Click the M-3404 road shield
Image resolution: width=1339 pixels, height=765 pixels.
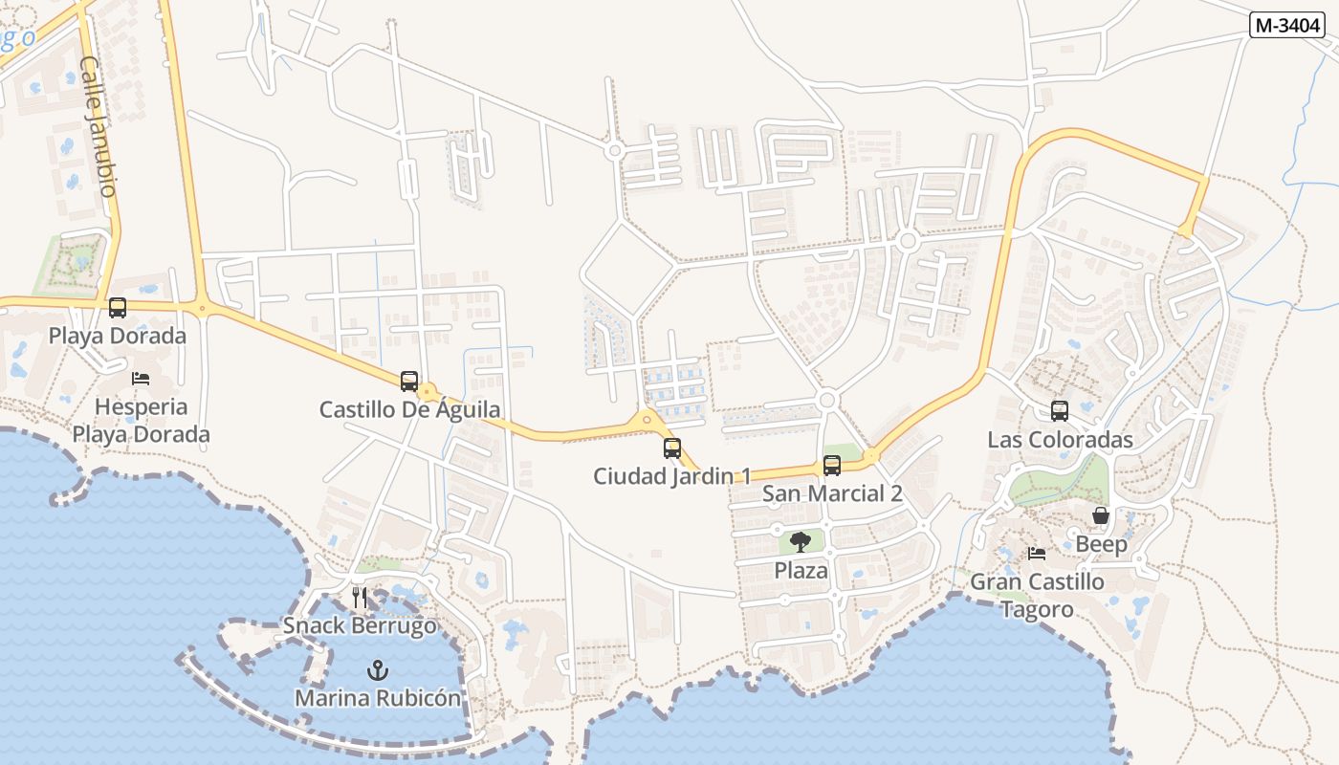click(x=1286, y=26)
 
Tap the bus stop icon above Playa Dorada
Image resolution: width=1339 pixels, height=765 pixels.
click(x=118, y=308)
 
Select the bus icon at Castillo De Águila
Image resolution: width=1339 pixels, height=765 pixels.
click(x=409, y=381)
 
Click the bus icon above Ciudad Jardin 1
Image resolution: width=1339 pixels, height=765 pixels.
click(x=672, y=448)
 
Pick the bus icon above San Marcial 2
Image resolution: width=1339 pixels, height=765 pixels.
click(x=832, y=466)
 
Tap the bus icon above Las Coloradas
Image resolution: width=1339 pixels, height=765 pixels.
click(x=1060, y=411)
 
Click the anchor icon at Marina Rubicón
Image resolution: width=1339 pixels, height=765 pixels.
click(x=378, y=669)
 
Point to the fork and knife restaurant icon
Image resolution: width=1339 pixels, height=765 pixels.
click(x=360, y=598)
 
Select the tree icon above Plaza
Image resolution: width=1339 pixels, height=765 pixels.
click(x=801, y=542)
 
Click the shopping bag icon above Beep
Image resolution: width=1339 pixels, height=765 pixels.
click(x=1101, y=516)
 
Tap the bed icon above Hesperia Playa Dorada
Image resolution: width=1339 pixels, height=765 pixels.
click(x=141, y=379)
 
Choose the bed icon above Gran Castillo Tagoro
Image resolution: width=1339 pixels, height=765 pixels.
click(x=1036, y=554)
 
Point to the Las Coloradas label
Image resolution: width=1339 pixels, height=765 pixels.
click(x=1060, y=440)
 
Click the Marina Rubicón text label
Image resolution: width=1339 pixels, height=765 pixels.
click(x=378, y=698)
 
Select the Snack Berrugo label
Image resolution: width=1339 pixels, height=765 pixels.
click(x=360, y=626)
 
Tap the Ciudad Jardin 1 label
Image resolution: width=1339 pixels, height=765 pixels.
click(x=672, y=476)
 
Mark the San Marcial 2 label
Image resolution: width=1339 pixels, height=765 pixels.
click(x=832, y=494)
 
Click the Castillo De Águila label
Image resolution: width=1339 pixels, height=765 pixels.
click(x=409, y=410)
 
